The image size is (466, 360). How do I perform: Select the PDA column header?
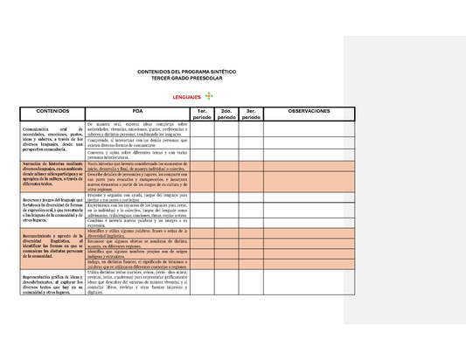click(137, 112)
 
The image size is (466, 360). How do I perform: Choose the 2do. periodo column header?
click(226, 114)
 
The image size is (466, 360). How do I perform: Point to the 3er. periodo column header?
click(251, 114)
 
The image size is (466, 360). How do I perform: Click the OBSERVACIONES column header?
click(309, 112)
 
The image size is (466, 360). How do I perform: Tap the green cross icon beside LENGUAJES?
click(209, 95)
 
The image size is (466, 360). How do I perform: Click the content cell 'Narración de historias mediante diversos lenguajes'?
click(45, 176)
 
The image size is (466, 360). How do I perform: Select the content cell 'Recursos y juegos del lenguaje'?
click(45, 211)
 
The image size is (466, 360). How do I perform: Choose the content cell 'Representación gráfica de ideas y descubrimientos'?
click(45, 287)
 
